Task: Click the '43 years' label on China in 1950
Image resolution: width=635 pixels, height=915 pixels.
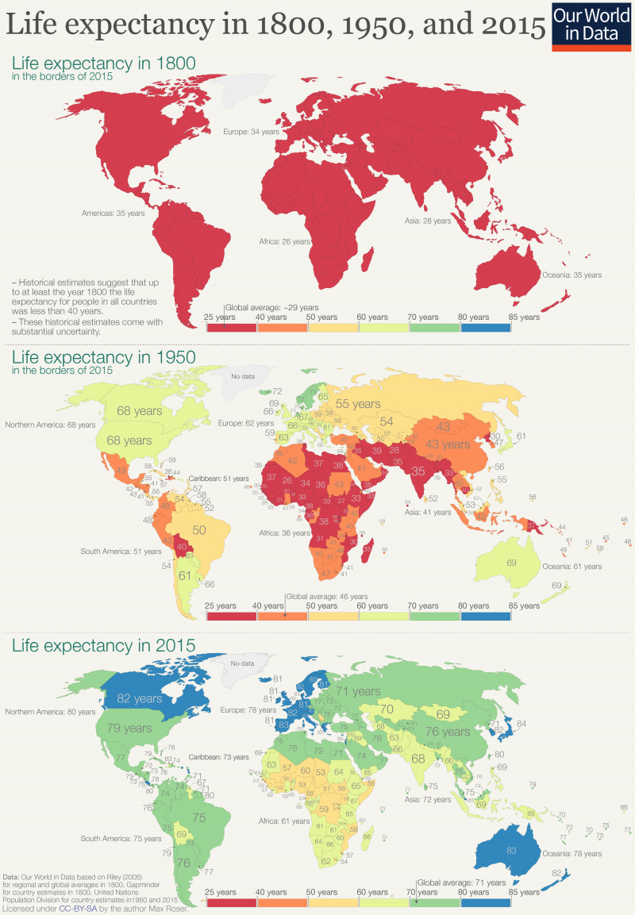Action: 448,444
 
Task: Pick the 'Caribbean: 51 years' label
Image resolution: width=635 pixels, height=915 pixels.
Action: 223,479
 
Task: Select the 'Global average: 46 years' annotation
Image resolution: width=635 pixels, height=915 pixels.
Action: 327,596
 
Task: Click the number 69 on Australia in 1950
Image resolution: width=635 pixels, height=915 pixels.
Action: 511,562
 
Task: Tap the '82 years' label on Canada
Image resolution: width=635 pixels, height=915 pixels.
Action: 139,698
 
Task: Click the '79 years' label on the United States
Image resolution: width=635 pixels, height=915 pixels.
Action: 129,728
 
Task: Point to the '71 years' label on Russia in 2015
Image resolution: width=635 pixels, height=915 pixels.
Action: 356,691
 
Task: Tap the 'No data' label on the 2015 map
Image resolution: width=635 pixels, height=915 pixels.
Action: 242,663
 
